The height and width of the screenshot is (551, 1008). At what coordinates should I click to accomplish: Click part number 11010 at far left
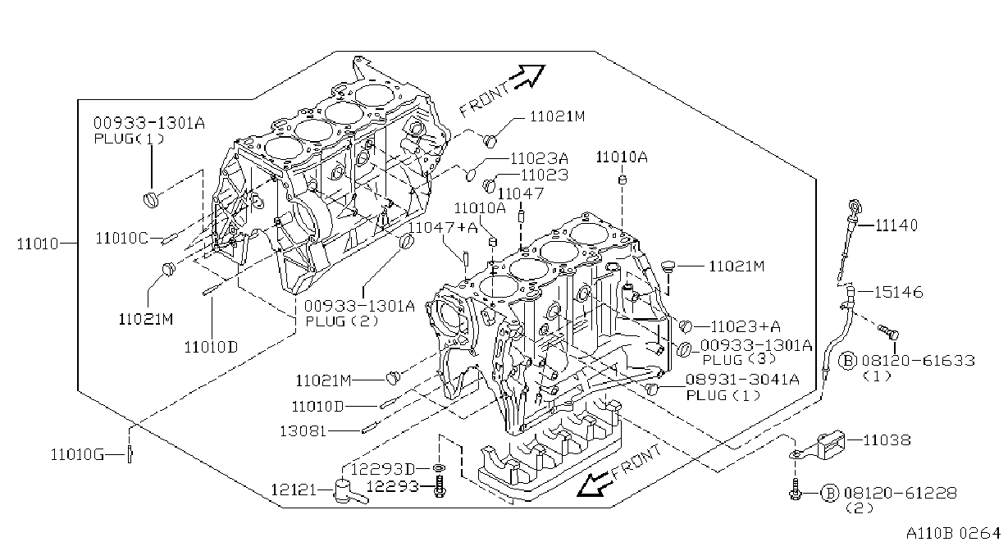coord(38,244)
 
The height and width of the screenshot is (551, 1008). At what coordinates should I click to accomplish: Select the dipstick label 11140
coord(896,225)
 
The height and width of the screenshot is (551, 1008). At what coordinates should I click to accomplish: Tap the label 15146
coord(898,292)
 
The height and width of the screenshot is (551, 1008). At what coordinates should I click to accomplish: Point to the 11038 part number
coord(887,439)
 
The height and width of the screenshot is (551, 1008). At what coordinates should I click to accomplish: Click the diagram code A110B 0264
coord(953,533)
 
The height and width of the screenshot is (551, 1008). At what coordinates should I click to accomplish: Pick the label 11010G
coord(77,455)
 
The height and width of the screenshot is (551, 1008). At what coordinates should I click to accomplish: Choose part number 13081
coord(303,431)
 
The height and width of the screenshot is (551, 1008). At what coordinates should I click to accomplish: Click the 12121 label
coord(294,490)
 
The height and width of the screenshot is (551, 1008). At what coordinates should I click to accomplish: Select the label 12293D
coord(382,469)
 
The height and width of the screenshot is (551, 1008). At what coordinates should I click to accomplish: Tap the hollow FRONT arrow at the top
coord(527,75)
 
